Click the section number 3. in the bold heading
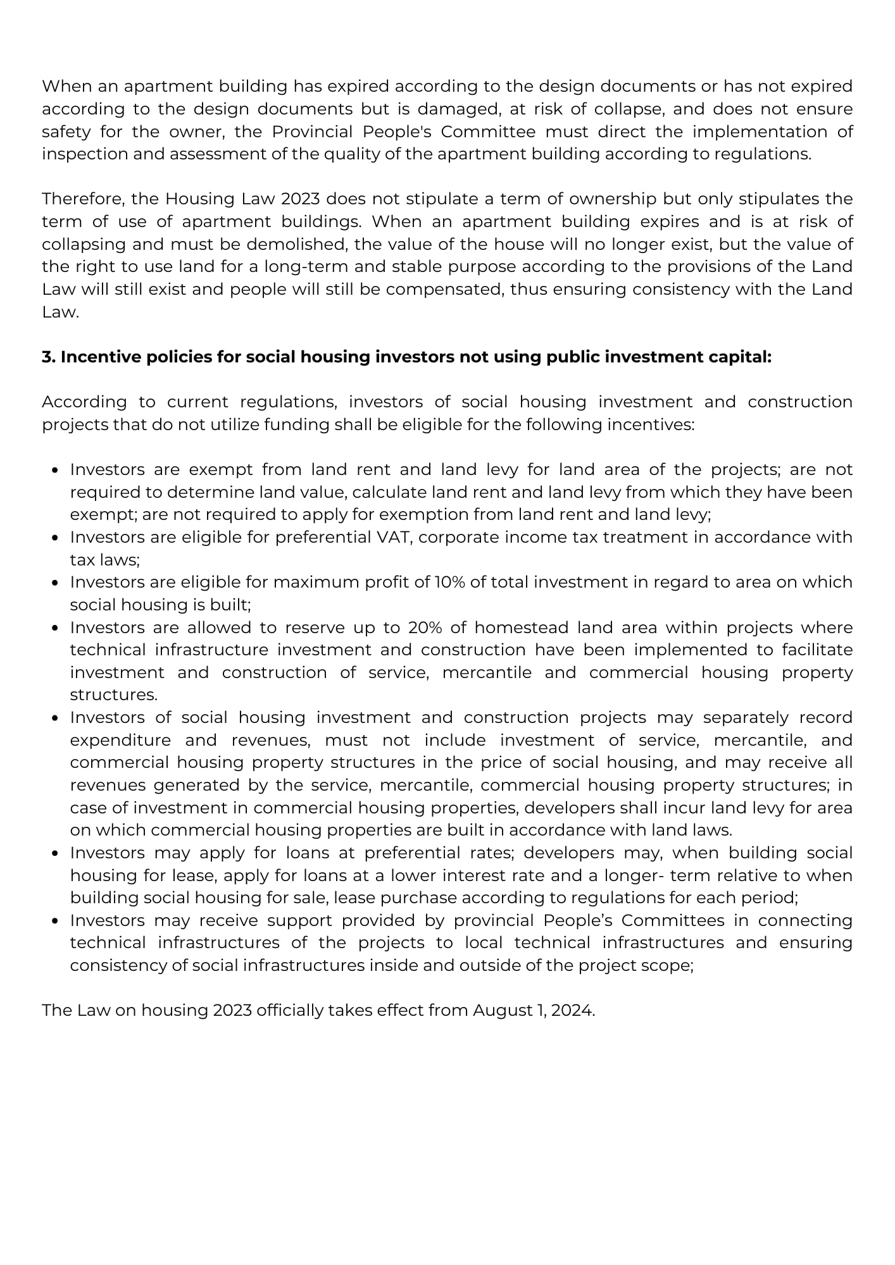coord(49,357)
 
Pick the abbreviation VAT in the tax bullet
coord(399,537)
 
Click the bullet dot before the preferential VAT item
coord(56,538)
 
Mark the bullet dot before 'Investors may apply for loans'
coord(56,853)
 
